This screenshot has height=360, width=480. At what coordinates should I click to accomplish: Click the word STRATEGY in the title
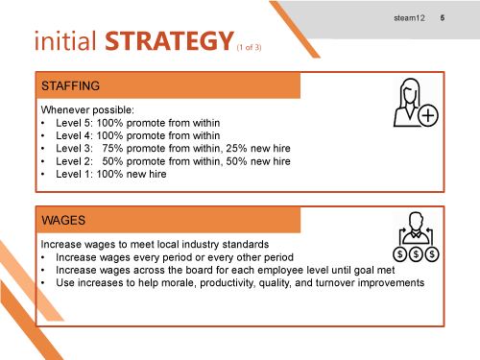click(169, 43)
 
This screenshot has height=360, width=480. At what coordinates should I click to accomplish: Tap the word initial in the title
click(68, 43)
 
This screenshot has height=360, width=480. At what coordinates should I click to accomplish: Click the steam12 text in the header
click(409, 19)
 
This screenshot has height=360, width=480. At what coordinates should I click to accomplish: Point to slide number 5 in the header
click(442, 19)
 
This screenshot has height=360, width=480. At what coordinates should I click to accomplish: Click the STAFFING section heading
click(71, 85)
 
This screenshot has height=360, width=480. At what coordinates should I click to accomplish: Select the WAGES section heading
click(63, 220)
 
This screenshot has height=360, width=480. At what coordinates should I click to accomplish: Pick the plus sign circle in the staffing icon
click(428, 116)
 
